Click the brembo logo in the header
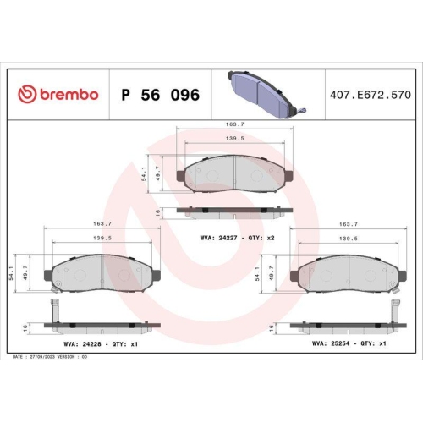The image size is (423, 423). (58, 95)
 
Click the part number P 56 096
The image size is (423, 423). (161, 95)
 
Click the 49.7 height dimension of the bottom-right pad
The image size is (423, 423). (270, 272)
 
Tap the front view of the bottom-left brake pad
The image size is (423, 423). (101, 273)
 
